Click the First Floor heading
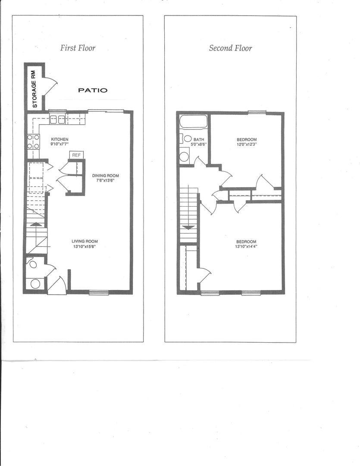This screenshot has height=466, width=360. pos(78,48)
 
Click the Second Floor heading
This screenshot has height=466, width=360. pos(231,48)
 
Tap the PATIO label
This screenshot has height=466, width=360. pos(93,90)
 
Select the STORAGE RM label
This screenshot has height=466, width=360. pos(34,89)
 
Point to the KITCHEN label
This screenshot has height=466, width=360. pos(59,139)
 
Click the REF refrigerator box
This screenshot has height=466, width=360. pos(76,155)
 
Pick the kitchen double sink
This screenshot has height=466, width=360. pos(57,120)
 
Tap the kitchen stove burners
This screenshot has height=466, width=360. pos(34,142)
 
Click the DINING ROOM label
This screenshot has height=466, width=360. pos(106,176)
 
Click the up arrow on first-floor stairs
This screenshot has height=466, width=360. pos(36,224)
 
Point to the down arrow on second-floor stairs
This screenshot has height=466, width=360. pos(188,227)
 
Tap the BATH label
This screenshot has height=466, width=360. pos(199,139)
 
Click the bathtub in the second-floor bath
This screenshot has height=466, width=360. pos(194,122)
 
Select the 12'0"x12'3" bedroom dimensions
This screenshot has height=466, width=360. pos(247,145)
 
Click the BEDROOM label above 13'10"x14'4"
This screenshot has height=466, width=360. pos(246,242)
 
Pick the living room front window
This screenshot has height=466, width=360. pos(99,292)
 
